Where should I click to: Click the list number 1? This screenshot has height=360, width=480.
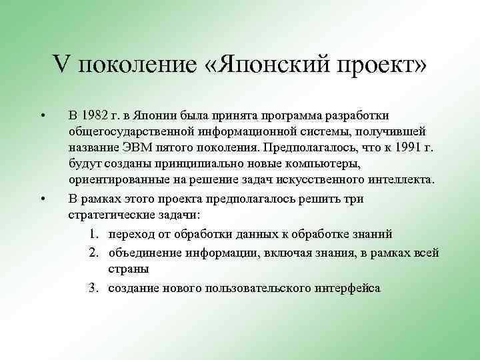click(91, 233)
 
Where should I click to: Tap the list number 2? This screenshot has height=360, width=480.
click(91, 251)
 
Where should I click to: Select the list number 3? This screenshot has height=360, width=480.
click(91, 287)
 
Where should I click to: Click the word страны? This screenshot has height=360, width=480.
click(127, 269)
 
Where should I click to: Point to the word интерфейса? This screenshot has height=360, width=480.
click(348, 287)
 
